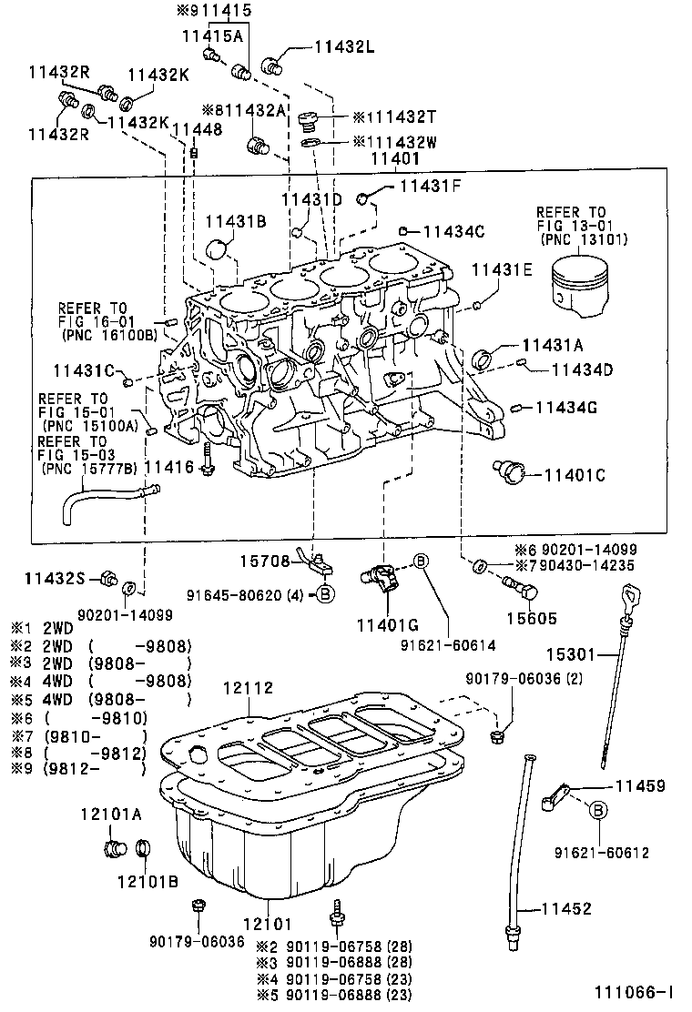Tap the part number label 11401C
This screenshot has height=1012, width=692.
[575, 474]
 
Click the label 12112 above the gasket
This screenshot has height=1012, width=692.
[247, 690]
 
